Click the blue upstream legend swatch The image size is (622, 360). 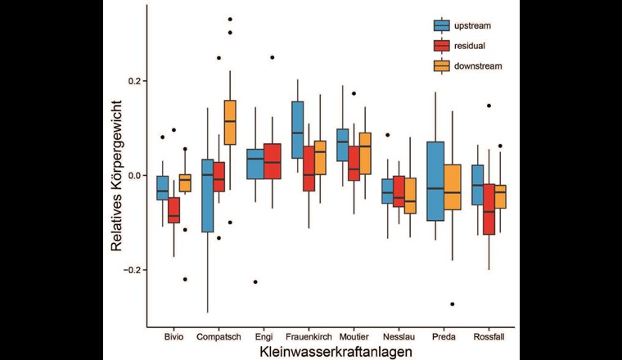click(x=441, y=25)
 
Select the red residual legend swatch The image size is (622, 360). click(x=441, y=45)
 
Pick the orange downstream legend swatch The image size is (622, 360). click(x=441, y=65)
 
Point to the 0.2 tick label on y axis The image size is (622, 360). click(x=133, y=81)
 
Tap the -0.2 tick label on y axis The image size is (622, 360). click(x=131, y=270)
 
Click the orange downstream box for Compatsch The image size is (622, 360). click(x=230, y=122)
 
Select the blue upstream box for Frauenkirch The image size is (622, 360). click(x=297, y=129)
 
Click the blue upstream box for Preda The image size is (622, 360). click(x=435, y=181)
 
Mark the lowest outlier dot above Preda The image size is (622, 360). click(x=453, y=304)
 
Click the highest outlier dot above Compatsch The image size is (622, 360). click(x=230, y=19)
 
